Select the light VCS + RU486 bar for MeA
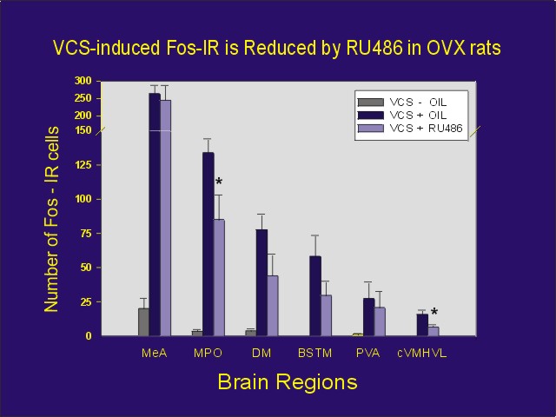[x=165, y=217]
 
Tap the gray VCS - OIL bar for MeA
[x=143, y=321]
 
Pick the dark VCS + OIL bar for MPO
[x=208, y=243]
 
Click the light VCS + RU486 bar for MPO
[x=219, y=277]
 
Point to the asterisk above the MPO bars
[x=219, y=182]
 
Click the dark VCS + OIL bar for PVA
[x=369, y=316]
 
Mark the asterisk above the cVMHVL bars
[x=434, y=314]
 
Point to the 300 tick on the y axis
[x=83, y=81]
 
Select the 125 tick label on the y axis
[x=83, y=164]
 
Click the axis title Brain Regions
[x=287, y=381]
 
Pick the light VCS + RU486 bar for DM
[x=273, y=305]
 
